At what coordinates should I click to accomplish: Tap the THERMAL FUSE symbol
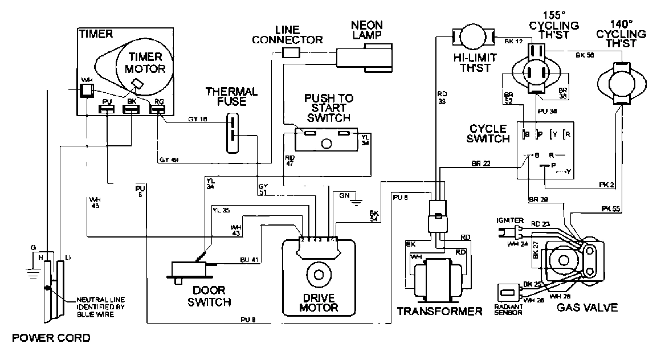pyautogui.click(x=232, y=132)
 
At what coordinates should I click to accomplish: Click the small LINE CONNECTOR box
pyautogui.click(x=292, y=52)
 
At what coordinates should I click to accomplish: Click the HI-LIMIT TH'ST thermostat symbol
pyautogui.click(x=471, y=38)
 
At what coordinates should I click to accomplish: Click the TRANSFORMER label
pyautogui.click(x=440, y=311)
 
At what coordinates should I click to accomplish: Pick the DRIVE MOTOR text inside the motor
pyautogui.click(x=319, y=302)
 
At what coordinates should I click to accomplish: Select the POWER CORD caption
pyautogui.click(x=52, y=338)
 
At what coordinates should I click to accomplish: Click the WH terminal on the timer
pyautogui.click(x=86, y=91)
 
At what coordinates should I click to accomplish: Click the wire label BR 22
pyautogui.click(x=481, y=163)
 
